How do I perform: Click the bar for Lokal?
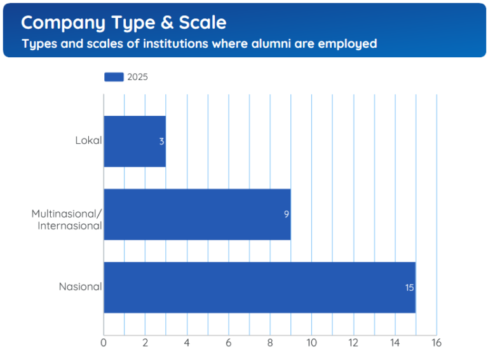coord(134,141)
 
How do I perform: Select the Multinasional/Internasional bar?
coord(197,214)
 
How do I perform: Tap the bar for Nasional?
coord(259,287)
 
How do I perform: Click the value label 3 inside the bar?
coord(161,142)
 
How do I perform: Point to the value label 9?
coord(287,215)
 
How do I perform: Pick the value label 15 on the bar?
coord(410,288)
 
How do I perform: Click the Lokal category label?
coord(88,141)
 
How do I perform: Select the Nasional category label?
coord(80,287)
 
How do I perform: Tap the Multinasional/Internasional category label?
coord(67,219)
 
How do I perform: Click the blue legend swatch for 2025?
coord(114,77)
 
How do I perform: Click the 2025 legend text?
coord(137,77)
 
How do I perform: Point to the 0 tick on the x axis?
coord(104,343)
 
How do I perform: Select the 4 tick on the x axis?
coord(187,343)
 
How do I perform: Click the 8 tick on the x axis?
coord(270,343)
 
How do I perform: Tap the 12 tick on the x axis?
coord(353,343)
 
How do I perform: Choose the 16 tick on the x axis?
coord(436,343)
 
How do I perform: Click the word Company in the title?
coord(63,23)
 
